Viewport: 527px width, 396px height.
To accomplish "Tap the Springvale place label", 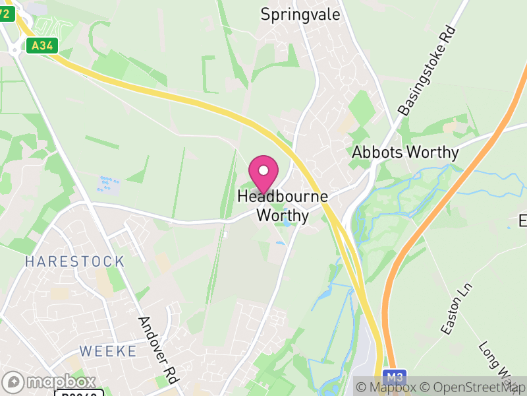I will [300, 14].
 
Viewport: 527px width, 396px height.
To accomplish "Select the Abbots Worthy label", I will [405, 152].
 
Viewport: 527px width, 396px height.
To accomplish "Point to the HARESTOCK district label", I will [74, 261].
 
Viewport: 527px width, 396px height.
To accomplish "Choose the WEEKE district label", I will [108, 350].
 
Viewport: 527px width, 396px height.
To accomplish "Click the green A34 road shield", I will [42, 46].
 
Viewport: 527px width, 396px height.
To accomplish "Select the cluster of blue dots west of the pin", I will [109, 183].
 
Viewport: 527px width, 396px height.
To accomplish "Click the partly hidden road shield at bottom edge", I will [79, 393].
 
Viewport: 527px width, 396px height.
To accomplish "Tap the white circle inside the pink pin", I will [263, 170].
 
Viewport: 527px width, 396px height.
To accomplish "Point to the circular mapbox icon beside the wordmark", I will [13, 381].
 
